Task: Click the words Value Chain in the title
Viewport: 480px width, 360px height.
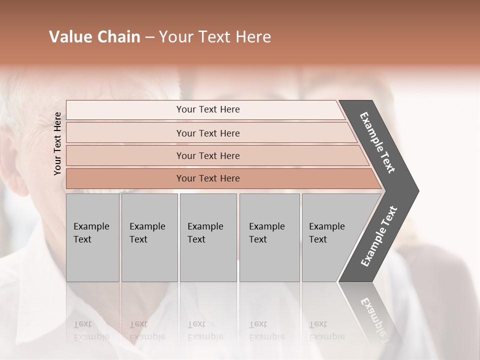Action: tap(94, 37)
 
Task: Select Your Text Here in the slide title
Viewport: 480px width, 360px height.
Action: tap(215, 37)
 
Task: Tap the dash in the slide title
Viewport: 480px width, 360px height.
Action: tap(149, 37)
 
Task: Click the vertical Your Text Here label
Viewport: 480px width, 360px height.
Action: tap(57, 143)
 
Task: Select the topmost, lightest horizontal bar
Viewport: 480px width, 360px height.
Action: tap(208, 109)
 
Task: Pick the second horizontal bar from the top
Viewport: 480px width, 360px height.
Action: tap(208, 133)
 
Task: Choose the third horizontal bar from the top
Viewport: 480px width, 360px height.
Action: tap(208, 155)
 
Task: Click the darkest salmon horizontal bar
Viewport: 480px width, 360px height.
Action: tap(208, 178)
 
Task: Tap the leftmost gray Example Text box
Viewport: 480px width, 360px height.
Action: tap(92, 237)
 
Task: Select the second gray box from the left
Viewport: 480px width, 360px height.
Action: tap(149, 237)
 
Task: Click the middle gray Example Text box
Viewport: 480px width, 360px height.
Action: tap(208, 237)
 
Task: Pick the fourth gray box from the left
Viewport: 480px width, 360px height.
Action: tap(269, 237)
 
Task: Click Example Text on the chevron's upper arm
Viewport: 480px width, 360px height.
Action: tap(377, 142)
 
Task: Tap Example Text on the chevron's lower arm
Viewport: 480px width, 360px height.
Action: tap(379, 236)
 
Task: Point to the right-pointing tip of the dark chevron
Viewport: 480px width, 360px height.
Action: tap(417, 190)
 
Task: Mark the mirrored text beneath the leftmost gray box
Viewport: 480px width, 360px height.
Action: tap(91, 330)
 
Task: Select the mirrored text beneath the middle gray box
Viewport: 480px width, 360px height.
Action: tap(205, 330)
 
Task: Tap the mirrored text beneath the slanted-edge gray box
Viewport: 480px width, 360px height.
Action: tap(326, 330)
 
